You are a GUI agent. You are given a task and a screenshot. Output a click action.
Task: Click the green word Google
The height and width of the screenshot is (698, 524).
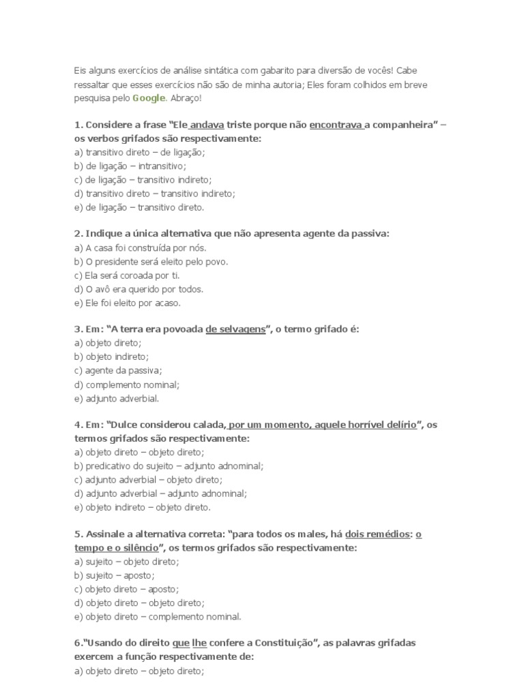coord(148,98)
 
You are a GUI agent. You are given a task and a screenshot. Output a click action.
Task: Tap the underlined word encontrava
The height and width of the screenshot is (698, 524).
coord(336,125)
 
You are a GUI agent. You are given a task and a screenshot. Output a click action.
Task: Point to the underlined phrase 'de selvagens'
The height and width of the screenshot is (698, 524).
coord(235,329)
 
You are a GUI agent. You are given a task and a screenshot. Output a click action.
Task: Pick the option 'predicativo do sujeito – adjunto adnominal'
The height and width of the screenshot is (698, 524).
coord(169,466)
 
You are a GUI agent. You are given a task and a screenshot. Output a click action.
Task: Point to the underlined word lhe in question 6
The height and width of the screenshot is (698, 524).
coord(199,643)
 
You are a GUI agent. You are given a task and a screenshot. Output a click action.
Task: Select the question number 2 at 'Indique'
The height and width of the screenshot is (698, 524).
coord(78,234)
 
